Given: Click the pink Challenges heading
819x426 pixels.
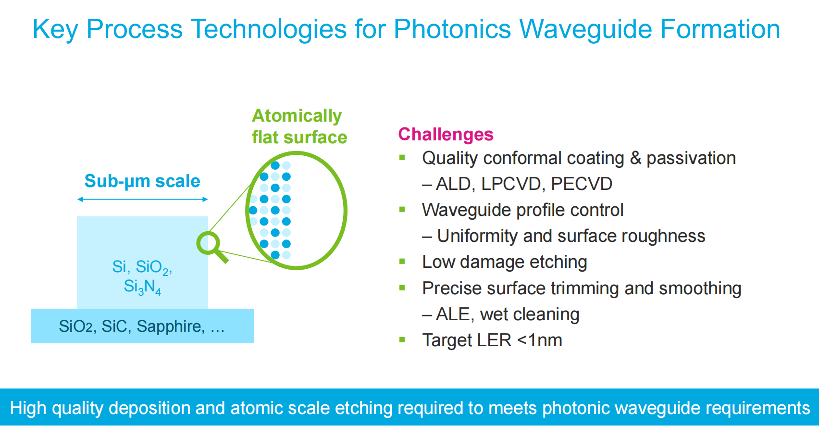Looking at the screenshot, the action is coord(446,135).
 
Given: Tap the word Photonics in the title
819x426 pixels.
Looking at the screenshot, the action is coord(452,29).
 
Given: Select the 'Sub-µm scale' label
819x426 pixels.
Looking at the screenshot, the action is coord(142,181).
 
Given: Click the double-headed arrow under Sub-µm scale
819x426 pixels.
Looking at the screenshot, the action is coord(143,199).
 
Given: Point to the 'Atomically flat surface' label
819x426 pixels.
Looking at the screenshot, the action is coord(299,126).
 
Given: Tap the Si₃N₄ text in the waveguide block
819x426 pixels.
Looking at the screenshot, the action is coord(142,287).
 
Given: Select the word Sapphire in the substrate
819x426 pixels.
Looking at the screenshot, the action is coord(169,326).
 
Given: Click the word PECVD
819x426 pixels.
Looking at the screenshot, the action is coord(582,184).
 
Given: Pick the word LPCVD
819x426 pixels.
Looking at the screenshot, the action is coord(511,184).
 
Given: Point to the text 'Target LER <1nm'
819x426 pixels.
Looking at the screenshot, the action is coord(492,340).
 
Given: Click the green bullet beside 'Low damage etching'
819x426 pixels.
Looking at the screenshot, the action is coord(402,262).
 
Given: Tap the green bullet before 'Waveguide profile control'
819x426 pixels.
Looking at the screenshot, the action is coord(402,210).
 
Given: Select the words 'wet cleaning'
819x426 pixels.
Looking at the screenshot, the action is coord(530,314).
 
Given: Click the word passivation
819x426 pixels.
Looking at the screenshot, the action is coord(691,158).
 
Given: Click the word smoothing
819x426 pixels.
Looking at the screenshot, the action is coord(700,288).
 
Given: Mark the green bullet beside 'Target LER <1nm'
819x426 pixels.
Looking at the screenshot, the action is coord(402,340).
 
